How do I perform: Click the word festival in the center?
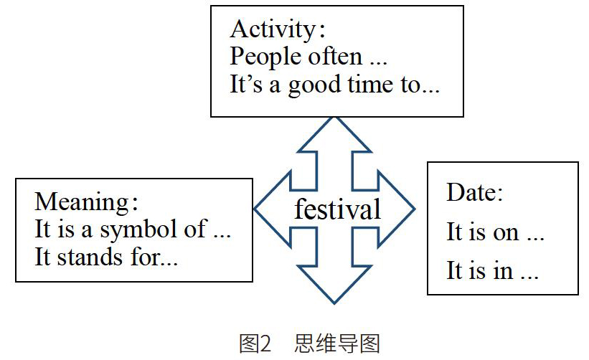tap(337, 209)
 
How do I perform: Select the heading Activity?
tap(278, 29)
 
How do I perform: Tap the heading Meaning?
tap(86, 202)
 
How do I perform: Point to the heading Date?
tap(474, 192)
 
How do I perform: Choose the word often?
tap(335, 57)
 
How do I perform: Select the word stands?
tap(90, 257)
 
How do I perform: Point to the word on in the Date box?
tap(506, 233)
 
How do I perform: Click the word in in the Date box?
tap(503, 270)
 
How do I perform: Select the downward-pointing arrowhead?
tap(334, 284)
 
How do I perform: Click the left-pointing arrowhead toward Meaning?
tap(273, 209)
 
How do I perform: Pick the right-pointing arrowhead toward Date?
tap(396, 209)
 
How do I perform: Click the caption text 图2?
tap(255, 344)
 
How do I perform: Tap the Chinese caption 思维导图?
tap(337, 344)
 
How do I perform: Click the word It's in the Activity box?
tap(245, 84)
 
